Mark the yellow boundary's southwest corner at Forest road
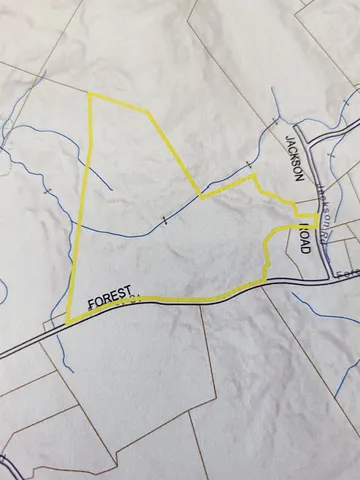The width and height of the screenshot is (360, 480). [68, 321]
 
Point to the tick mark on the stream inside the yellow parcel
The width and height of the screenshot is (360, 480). [163, 219]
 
